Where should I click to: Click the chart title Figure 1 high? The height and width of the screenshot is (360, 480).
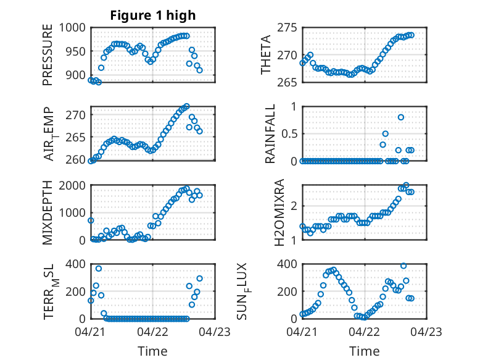click(153, 15)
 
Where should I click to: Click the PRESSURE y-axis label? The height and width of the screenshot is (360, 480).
click(48, 55)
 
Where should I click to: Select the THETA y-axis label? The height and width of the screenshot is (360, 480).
click(266, 55)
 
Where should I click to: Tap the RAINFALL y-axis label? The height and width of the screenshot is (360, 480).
click(270, 134)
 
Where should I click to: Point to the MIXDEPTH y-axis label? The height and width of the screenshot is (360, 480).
click(48, 212)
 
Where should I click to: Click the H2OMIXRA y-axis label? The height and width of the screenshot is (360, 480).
click(279, 212)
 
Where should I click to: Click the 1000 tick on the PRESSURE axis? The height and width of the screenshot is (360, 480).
click(72, 28)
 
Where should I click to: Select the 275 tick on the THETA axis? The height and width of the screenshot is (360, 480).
click(287, 28)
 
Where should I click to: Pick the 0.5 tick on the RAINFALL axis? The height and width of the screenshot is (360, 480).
click(289, 134)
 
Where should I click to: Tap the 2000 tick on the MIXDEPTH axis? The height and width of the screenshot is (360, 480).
click(72, 185)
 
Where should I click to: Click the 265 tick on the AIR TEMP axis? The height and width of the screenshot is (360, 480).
click(76, 137)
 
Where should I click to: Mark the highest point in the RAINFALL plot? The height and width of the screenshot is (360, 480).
click(400, 117)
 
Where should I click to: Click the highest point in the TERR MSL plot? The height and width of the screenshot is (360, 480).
click(99, 269)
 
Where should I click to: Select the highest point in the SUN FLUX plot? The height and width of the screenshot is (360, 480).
click(403, 266)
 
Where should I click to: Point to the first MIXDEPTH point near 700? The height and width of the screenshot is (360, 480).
click(91, 220)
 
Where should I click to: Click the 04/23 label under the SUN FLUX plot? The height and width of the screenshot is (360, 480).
click(426, 332)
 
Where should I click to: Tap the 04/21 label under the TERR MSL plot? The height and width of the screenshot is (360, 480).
click(90, 332)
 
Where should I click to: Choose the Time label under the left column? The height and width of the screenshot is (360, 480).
click(152, 351)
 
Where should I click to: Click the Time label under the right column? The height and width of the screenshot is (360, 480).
click(364, 351)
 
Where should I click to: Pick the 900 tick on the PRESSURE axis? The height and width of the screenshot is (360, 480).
click(76, 75)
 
